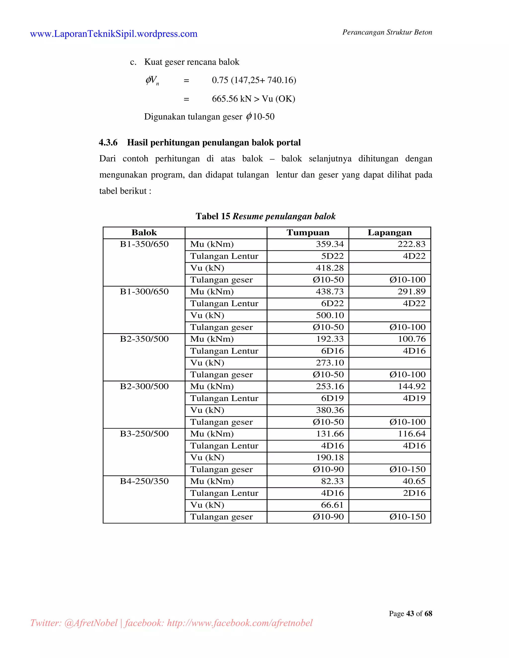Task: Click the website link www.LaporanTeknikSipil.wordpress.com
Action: [x=114, y=34]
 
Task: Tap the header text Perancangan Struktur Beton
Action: [x=387, y=32]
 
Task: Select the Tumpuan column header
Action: [x=308, y=233]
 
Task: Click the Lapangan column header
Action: [x=390, y=233]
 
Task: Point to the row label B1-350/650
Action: [x=144, y=244]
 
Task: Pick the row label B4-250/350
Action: [x=144, y=481]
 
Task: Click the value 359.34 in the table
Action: [x=330, y=244]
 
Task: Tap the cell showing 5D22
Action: [x=332, y=256]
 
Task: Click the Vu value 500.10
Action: [x=330, y=315]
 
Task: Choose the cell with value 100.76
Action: [x=412, y=339]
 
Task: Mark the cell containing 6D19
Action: [x=332, y=398]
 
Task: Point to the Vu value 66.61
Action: [x=332, y=505]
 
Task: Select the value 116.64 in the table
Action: [x=412, y=434]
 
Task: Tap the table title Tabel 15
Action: [x=213, y=216]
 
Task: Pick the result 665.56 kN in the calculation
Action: [x=232, y=99]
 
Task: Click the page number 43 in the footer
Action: [x=410, y=614]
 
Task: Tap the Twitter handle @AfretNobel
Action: [x=91, y=623]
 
